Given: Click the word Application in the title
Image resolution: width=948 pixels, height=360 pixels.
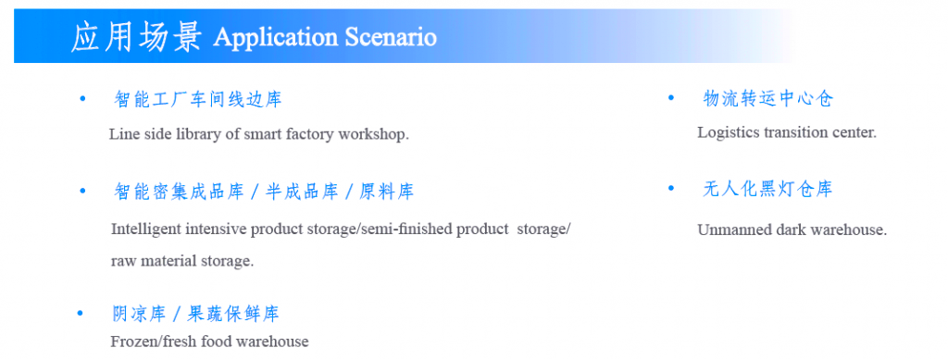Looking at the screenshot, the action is pos(275,38).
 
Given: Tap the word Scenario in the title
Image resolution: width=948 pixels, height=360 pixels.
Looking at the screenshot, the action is pos(391,37).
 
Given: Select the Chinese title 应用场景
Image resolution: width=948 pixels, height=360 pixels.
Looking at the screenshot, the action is pos(136,37).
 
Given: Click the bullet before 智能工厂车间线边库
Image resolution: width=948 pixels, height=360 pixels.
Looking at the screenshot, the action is pos(83,98).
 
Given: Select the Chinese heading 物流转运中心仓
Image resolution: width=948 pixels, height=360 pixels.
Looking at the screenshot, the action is pos(767,98).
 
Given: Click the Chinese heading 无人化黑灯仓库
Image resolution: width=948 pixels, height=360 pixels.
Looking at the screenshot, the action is pos(767,190).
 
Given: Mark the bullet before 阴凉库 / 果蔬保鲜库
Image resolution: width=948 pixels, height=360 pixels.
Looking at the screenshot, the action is pos(81,313).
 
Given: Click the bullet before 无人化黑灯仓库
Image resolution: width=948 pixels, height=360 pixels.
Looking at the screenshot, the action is pos(670,189).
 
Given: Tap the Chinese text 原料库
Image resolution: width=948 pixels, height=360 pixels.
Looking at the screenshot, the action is pos(386,192).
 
